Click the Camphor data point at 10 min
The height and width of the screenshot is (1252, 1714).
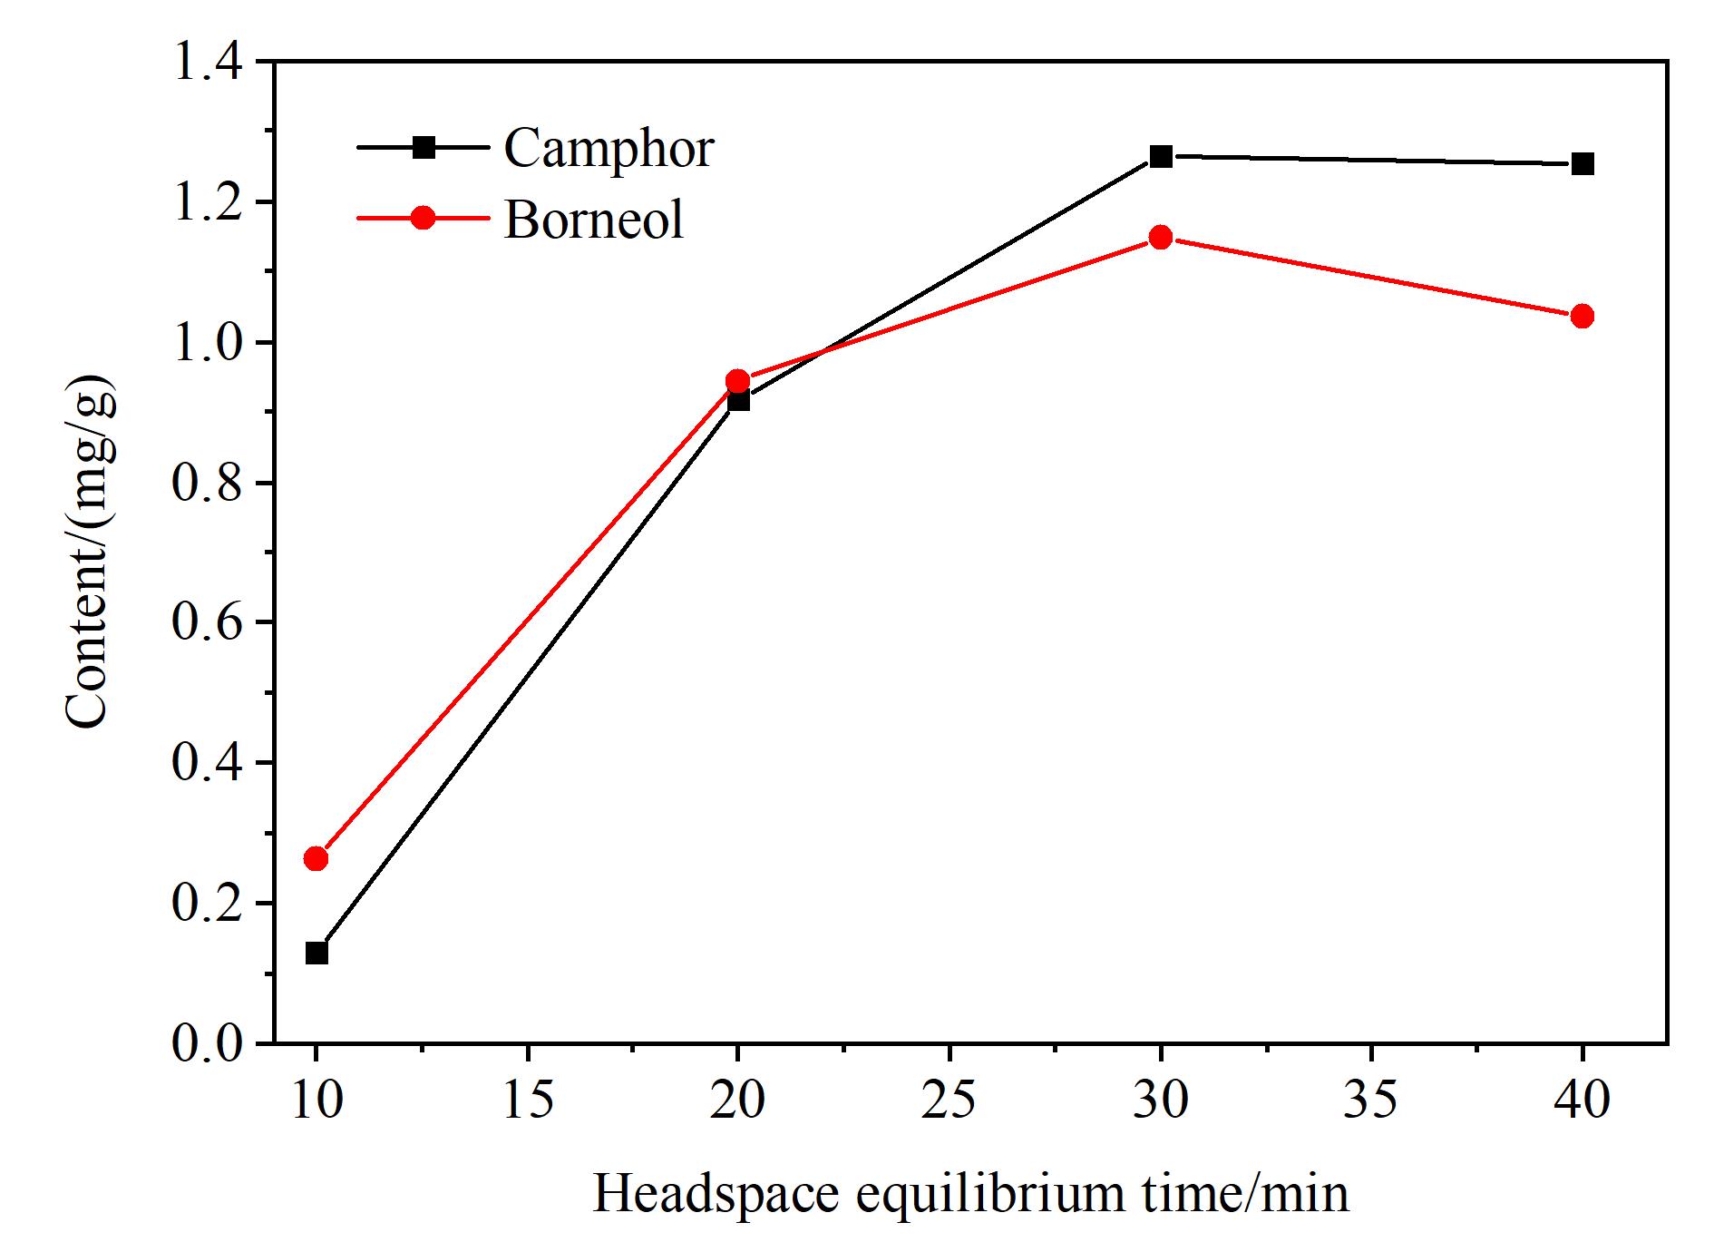(317, 953)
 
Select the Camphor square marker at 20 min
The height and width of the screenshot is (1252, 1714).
(738, 399)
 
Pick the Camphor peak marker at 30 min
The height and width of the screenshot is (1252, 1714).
(1161, 156)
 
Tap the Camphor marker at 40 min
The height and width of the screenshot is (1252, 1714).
(1583, 164)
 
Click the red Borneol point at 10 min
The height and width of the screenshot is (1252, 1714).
(317, 858)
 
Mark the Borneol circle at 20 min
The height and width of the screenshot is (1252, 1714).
(738, 380)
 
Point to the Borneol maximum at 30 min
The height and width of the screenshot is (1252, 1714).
(1161, 238)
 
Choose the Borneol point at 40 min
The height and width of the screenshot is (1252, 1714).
(1583, 317)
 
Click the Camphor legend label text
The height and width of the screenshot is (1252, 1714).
(609, 149)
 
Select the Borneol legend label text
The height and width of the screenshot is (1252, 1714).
(593, 219)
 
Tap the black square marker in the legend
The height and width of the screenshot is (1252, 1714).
(424, 146)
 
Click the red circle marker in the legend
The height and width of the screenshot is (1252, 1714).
(424, 218)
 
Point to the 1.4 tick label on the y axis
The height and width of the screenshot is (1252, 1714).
(207, 63)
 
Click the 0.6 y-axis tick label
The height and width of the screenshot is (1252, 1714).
(207, 623)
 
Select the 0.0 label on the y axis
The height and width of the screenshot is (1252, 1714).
(207, 1043)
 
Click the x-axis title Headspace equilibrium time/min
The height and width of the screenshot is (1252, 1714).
(971, 1194)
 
